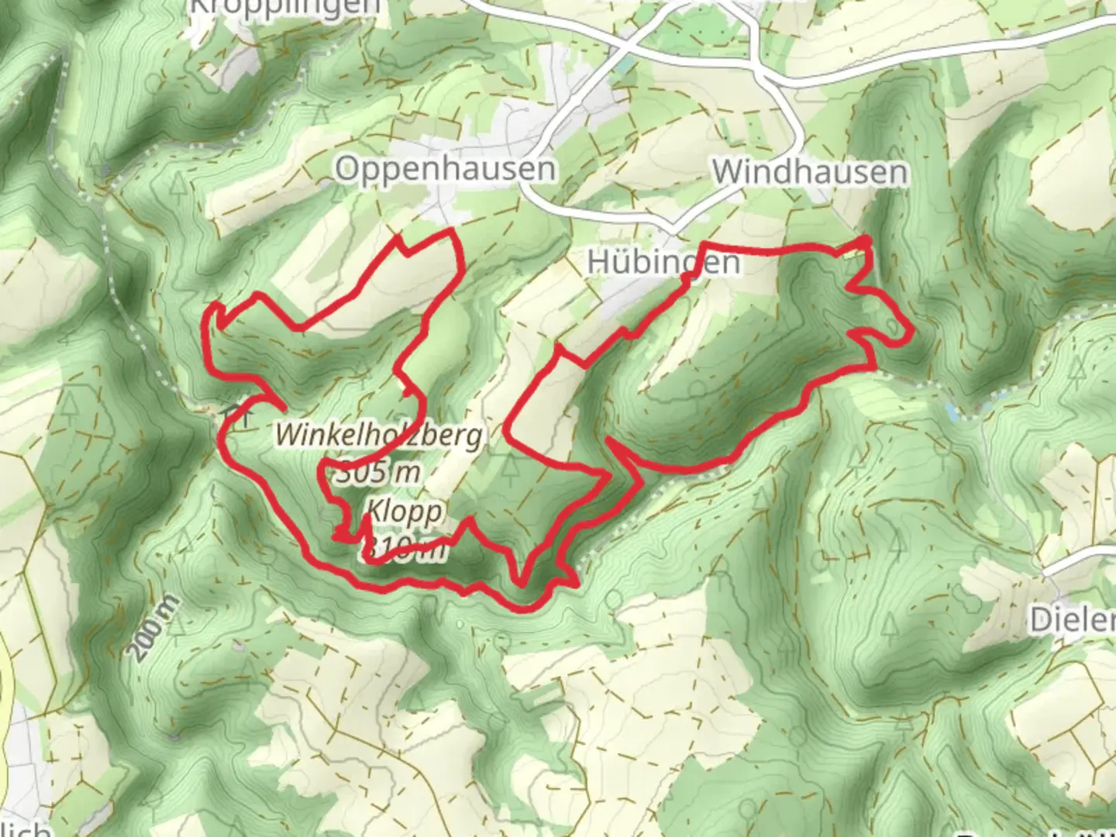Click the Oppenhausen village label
point(445,168)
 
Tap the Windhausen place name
point(810,171)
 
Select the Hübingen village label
point(663,262)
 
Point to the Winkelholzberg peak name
point(379,436)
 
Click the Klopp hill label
point(405,511)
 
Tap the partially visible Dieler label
point(1073,619)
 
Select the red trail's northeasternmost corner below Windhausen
point(866,243)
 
